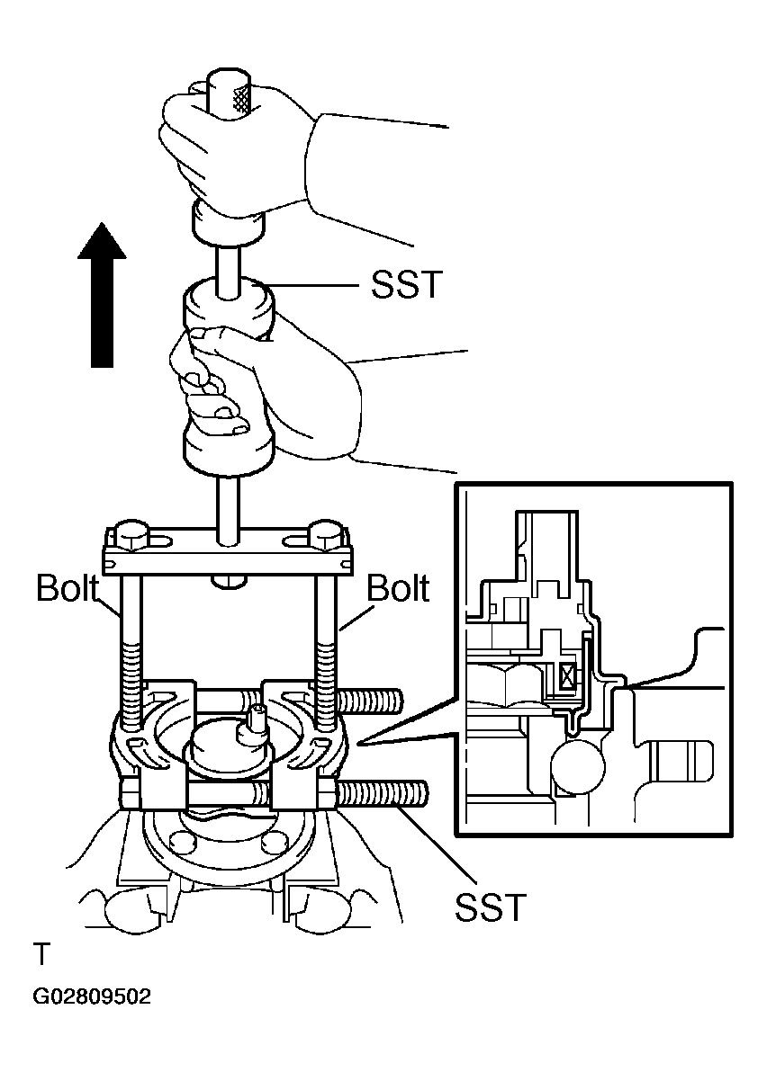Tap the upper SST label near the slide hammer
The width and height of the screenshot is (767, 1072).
pos(407,285)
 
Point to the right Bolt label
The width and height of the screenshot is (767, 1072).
pos(399,588)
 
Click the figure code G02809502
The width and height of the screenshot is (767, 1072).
pos(92,997)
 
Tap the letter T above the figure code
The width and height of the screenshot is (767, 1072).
pos(41,952)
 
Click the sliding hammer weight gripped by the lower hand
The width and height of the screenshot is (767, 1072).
pos(227,378)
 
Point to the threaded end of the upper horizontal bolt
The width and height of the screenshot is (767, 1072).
pos(369,699)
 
